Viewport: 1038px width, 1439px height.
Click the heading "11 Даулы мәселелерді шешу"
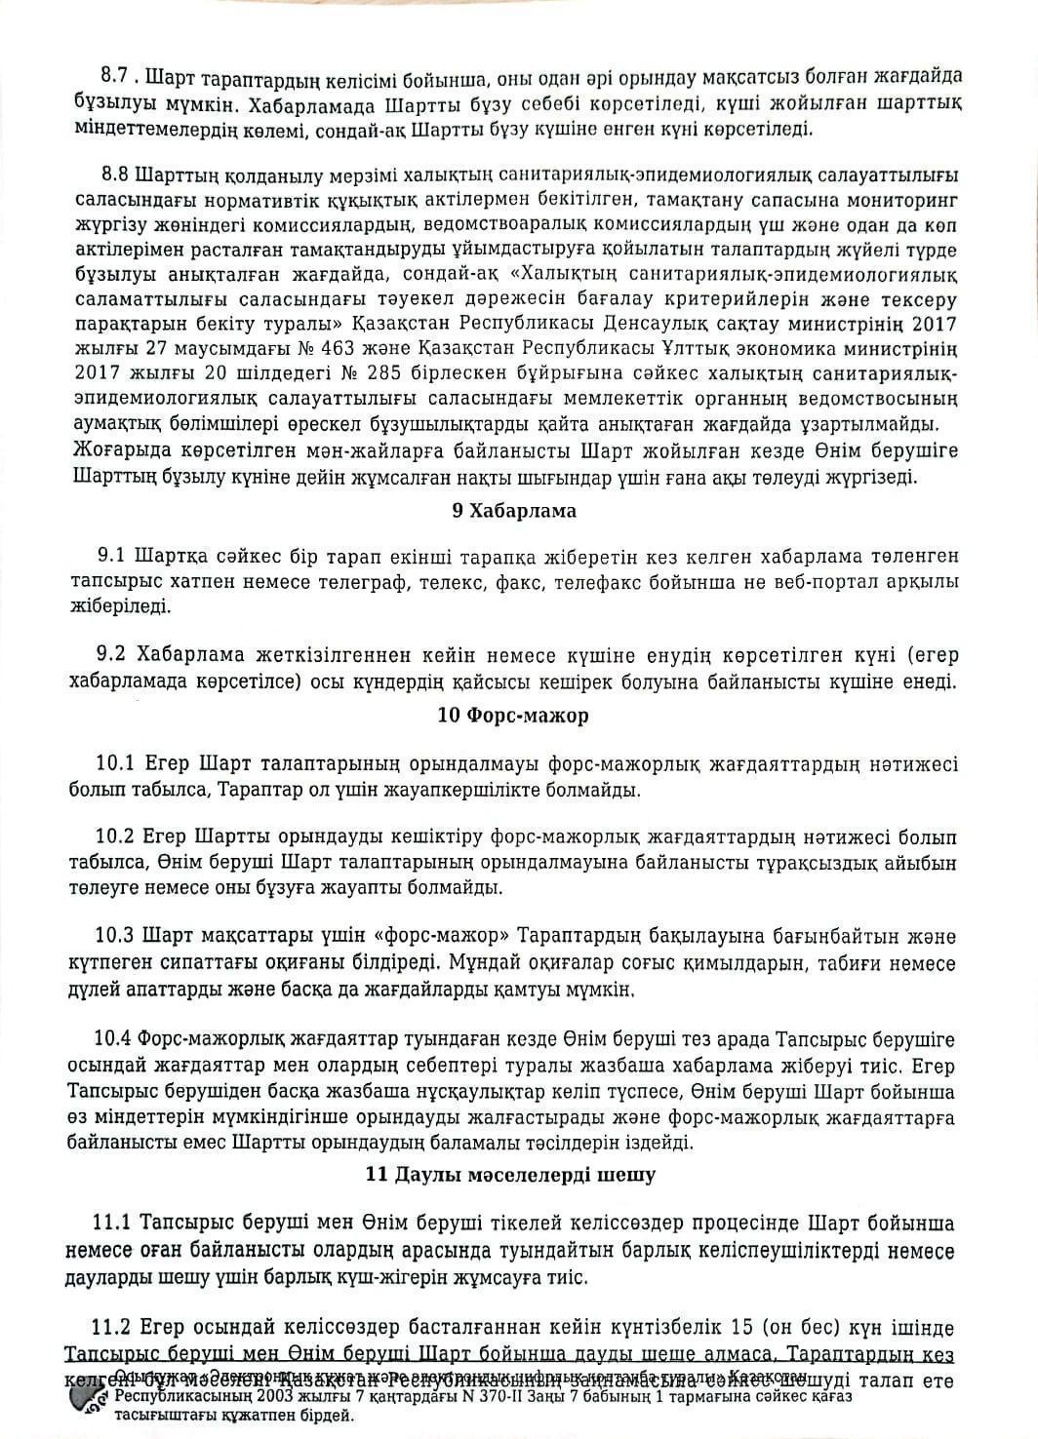point(510,1174)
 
